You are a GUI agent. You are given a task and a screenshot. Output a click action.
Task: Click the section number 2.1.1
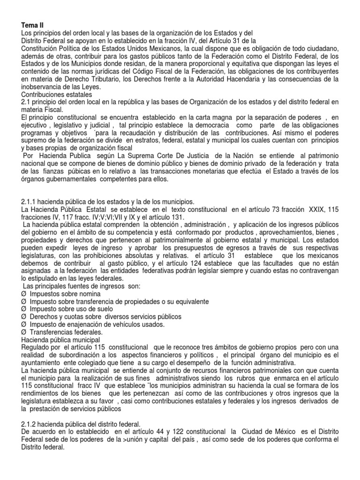point(30,202)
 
